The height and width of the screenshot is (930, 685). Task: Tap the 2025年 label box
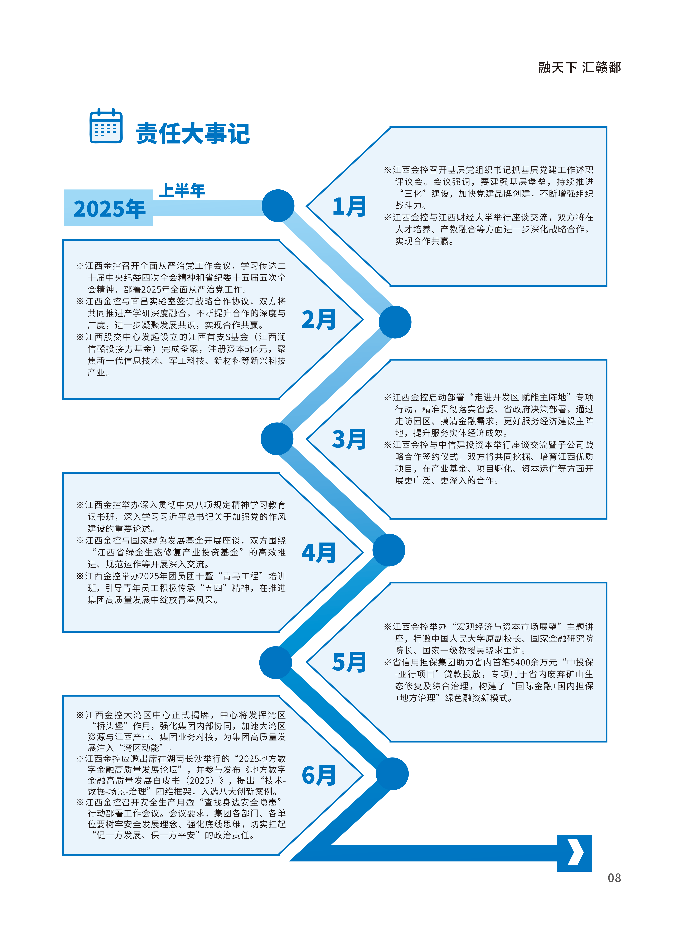click(x=109, y=208)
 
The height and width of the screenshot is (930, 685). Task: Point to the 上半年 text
click(x=182, y=191)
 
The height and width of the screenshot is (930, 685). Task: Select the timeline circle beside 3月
click(x=277, y=439)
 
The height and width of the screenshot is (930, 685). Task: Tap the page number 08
click(x=614, y=878)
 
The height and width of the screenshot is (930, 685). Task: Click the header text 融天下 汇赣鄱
click(x=580, y=68)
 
